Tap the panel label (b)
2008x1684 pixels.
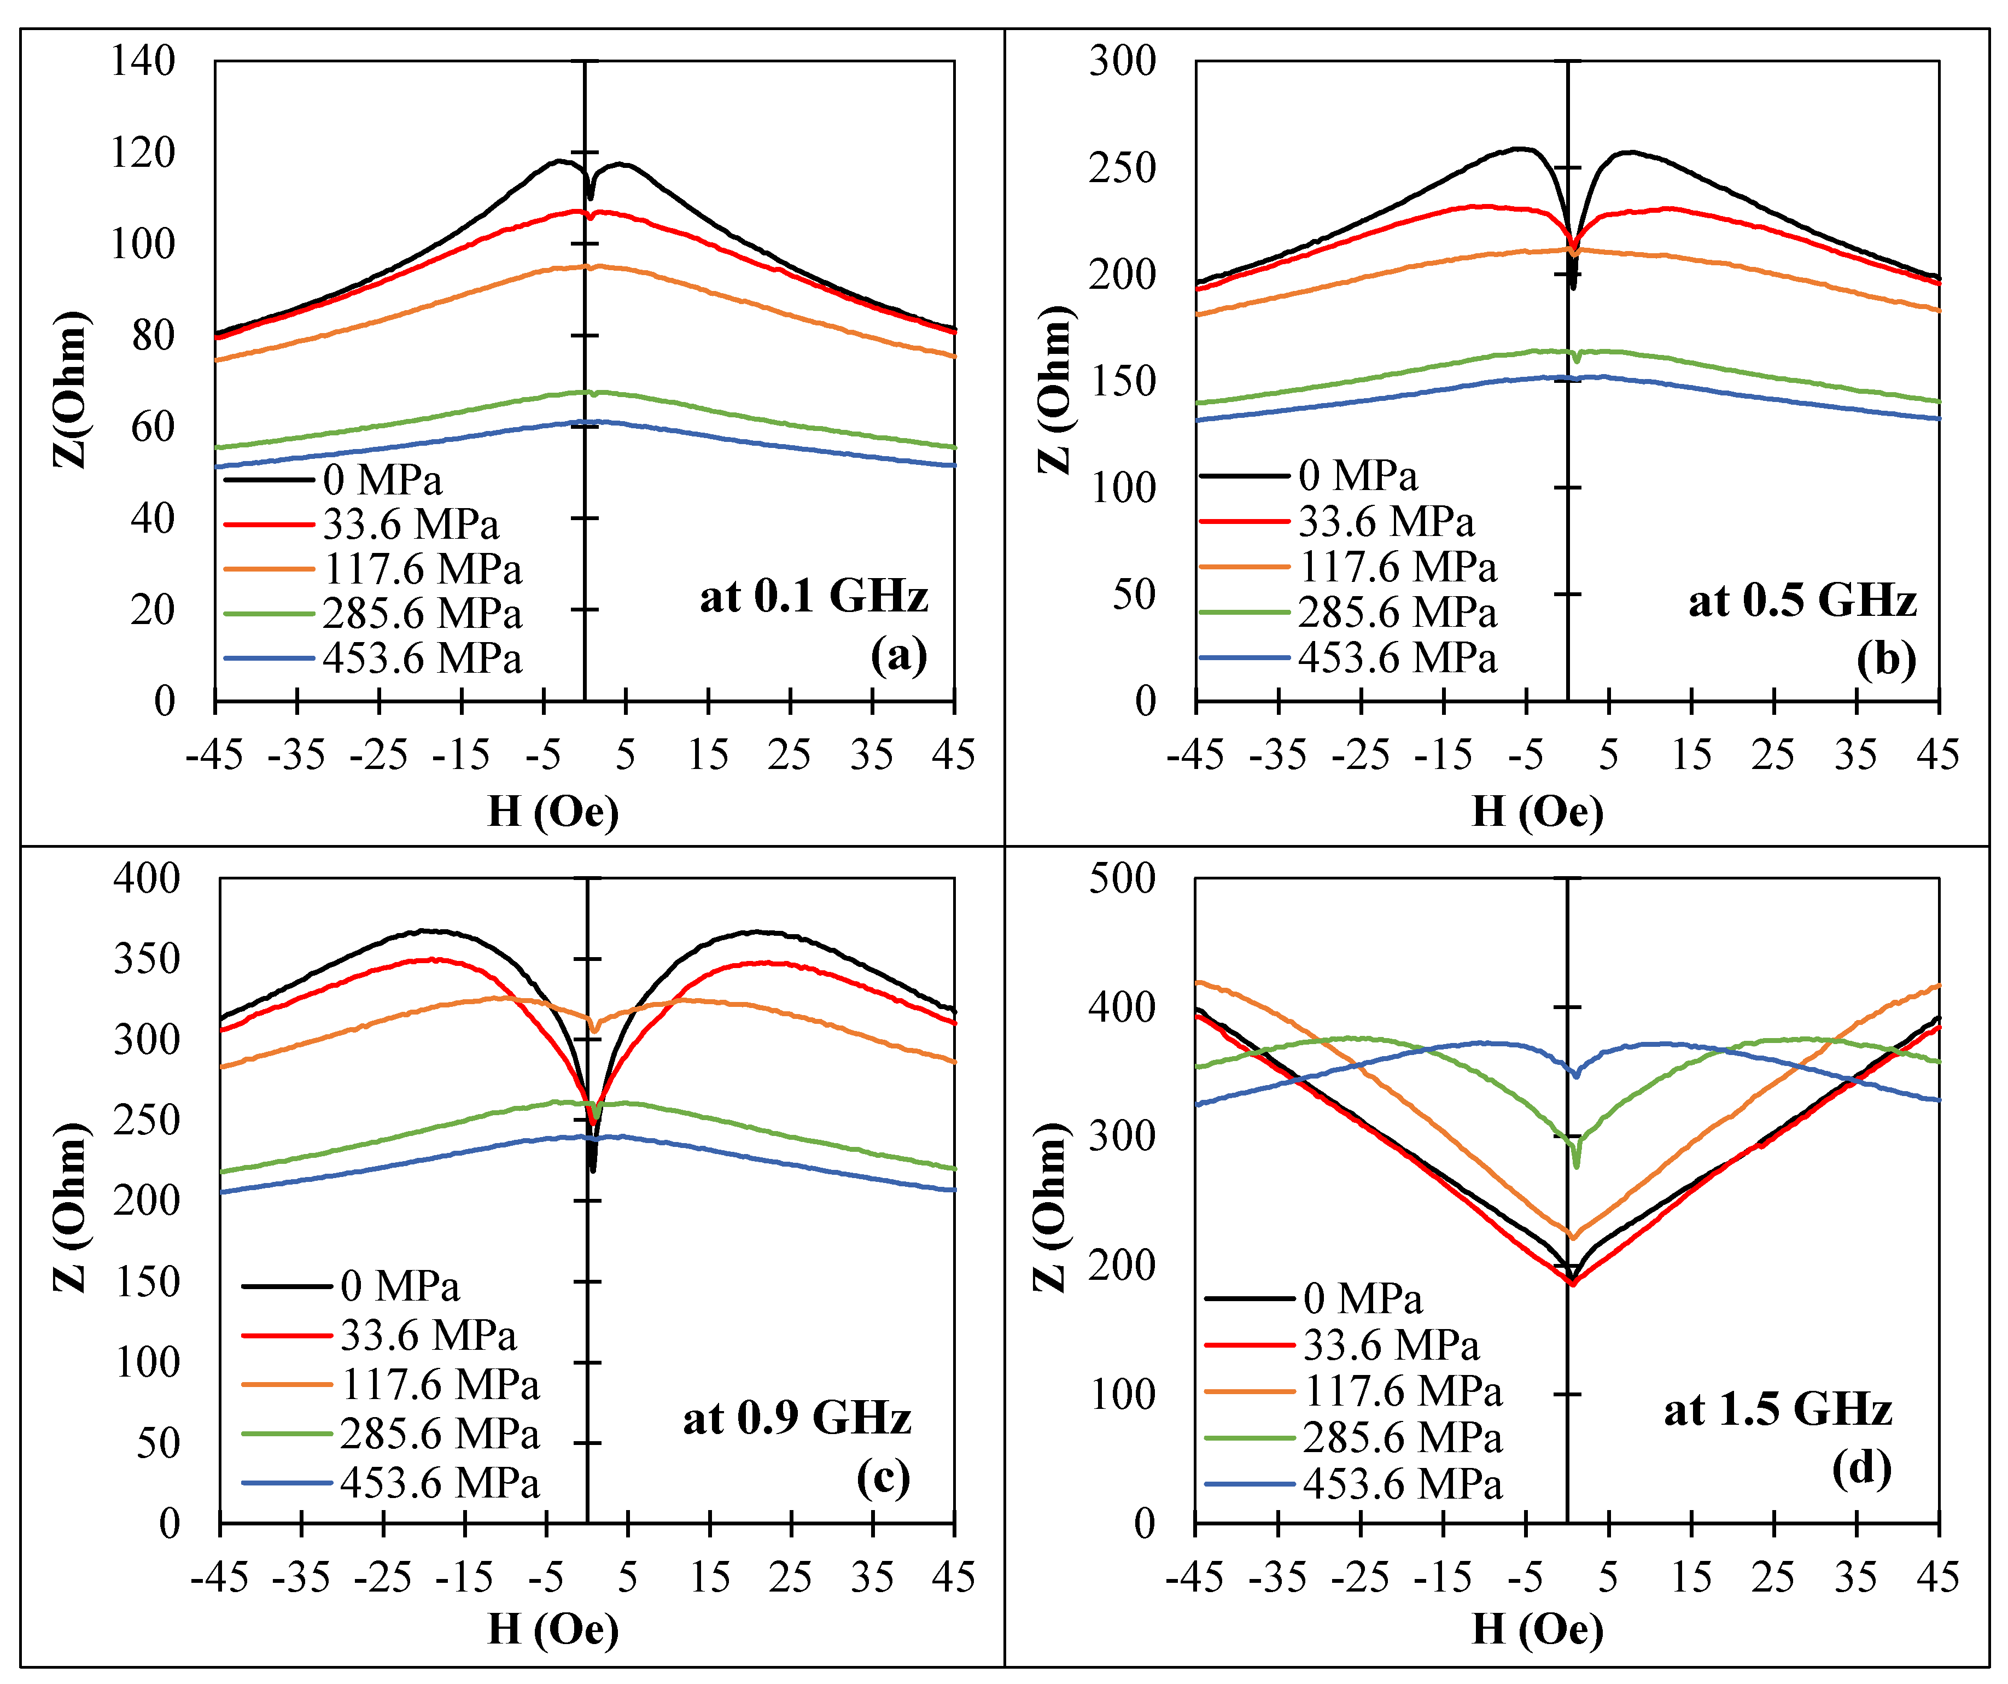pyautogui.click(x=1886, y=659)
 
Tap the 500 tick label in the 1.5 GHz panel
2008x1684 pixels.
pyautogui.click(x=1122, y=879)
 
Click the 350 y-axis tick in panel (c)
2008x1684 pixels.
pyautogui.click(x=147, y=959)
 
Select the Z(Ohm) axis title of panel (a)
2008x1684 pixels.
pyautogui.click(x=70, y=389)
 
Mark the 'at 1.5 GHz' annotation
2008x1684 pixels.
pyautogui.click(x=1778, y=1409)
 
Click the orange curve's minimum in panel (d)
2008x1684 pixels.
pyautogui.click(x=1572, y=1237)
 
